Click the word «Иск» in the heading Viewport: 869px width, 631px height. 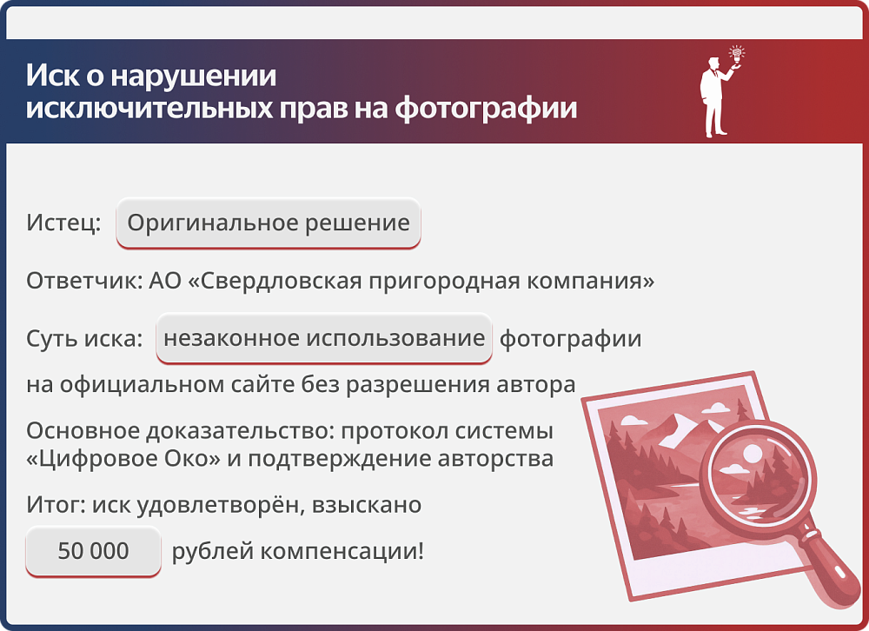46,76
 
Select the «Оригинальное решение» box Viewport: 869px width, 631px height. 269,223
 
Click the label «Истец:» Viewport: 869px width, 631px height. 63,223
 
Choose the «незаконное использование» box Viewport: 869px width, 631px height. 323,338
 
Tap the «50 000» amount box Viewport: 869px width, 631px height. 93,551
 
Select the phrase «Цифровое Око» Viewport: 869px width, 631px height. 123,458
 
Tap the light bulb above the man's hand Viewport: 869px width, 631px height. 738,54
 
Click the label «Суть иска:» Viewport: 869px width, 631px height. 84,338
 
